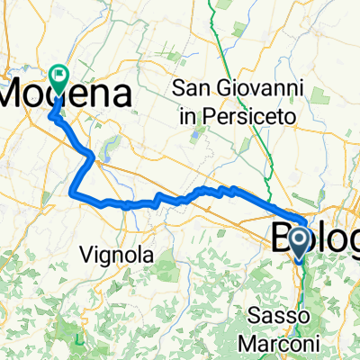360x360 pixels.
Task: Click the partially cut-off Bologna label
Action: point(315,238)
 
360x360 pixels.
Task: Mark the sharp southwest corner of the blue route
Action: point(73,190)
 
